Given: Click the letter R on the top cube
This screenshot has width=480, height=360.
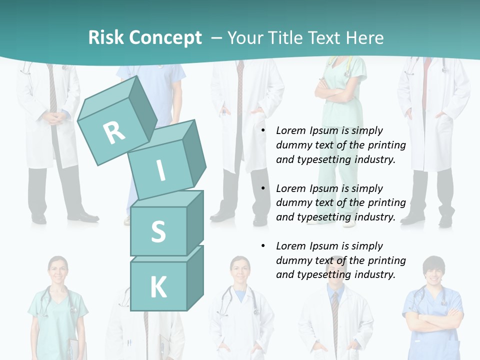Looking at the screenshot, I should (114, 132).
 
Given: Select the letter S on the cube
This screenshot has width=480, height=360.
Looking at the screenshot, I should (158, 232).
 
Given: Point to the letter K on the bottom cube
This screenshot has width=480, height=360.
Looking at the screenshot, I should (158, 287).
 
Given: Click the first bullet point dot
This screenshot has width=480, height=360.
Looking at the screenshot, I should (262, 131).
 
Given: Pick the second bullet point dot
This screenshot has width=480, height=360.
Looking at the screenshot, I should (262, 188).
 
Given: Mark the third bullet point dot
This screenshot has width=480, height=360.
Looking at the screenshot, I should (262, 246).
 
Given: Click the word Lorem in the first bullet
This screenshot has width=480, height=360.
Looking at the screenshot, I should (290, 130).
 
